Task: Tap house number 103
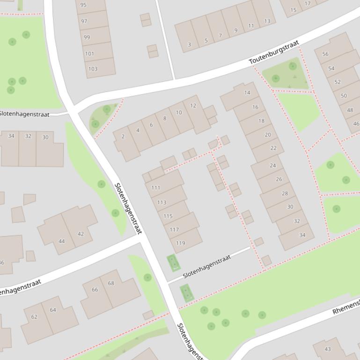coord(93,69)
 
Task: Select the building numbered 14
coord(247,93)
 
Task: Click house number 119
coord(180,243)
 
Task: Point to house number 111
coord(156,187)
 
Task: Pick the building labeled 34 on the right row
coord(302,235)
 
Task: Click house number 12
coord(193,106)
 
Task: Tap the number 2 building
coord(123,137)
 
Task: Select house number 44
coord(61,241)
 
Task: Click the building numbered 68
coord(111,283)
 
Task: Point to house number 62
coord(34,317)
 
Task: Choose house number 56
coord(325,54)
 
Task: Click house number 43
coord(328,349)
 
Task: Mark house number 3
coord(189,44)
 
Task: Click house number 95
coord(83,5)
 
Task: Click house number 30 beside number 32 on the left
coord(45,137)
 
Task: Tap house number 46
coord(356,124)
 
